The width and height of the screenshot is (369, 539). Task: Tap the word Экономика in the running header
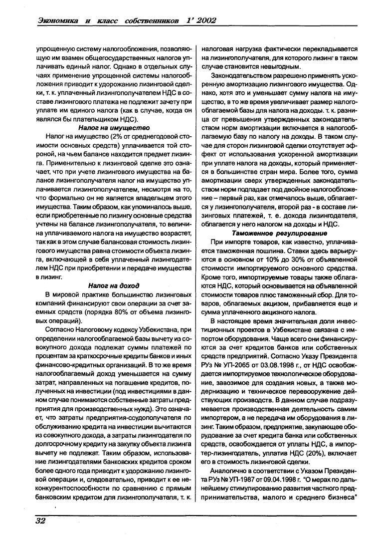58,20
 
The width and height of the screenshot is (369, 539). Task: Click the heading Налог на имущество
114,127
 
